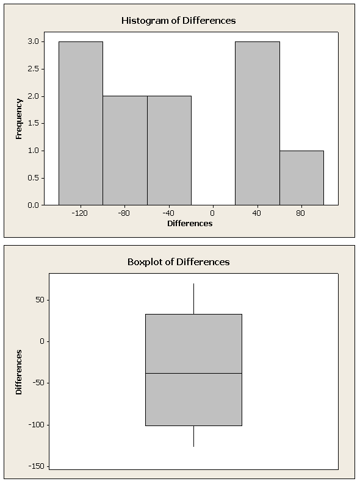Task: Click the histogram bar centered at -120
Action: tap(81, 123)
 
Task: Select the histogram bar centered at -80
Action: tap(125, 151)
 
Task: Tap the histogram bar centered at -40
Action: tap(170, 151)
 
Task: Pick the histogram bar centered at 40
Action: tap(257, 123)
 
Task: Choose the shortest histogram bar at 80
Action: tap(301, 178)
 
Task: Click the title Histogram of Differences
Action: tap(179, 21)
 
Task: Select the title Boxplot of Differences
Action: tap(179, 262)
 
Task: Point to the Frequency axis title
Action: tap(19, 119)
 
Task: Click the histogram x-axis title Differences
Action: tap(190, 224)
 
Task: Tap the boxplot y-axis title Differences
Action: tap(19, 372)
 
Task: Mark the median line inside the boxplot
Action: tap(194, 374)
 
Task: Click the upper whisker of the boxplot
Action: tap(194, 299)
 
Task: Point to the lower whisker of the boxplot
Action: tap(194, 436)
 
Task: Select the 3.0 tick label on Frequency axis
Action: tap(34, 41)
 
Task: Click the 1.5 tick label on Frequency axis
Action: tap(34, 124)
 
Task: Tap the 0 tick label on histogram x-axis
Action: tap(212, 213)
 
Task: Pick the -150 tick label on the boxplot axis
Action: tap(37, 466)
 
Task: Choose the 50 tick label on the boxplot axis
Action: tap(40, 300)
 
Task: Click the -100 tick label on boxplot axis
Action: tap(37, 425)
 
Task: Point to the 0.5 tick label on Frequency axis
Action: tap(34, 178)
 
